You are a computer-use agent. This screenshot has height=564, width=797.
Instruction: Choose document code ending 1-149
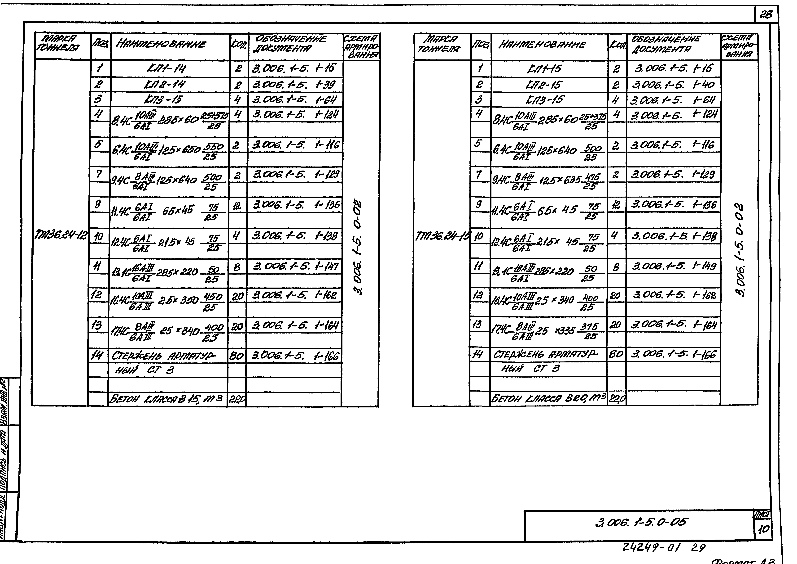pyautogui.click(x=673, y=266)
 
